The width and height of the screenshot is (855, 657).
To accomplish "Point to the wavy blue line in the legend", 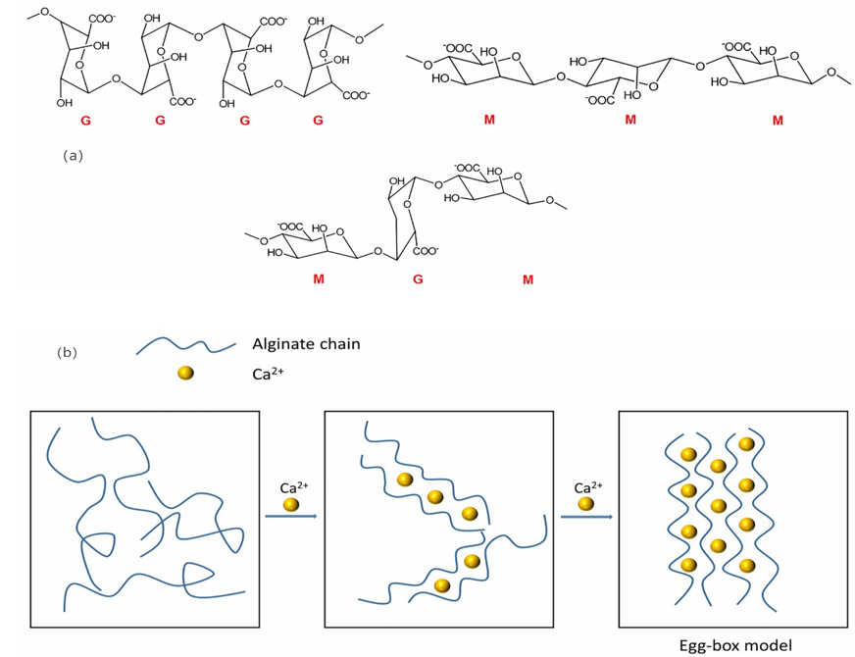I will (185, 346).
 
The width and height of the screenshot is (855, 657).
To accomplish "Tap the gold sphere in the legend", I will (185, 374).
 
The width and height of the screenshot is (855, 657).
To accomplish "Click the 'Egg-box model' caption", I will (735, 645).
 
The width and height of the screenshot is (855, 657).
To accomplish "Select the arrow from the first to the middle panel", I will (290, 515).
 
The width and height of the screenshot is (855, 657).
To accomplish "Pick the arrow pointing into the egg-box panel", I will (585, 515).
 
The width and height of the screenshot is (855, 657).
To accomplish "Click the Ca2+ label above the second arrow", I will (586, 486).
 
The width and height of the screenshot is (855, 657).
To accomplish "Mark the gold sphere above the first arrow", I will (291, 504).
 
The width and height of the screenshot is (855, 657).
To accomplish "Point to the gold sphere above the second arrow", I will (585, 504).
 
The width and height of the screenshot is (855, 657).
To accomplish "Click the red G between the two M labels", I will (418, 280).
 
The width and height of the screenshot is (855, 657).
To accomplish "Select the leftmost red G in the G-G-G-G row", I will (88, 121).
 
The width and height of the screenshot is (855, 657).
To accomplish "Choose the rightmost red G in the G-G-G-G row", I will (317, 121).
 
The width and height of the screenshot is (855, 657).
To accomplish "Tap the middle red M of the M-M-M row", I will (629, 120).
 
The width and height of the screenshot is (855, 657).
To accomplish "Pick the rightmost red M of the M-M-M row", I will (778, 120).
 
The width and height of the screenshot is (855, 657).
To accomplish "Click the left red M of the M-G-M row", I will (318, 280).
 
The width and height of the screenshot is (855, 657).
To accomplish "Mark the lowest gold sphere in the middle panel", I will (442, 585).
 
